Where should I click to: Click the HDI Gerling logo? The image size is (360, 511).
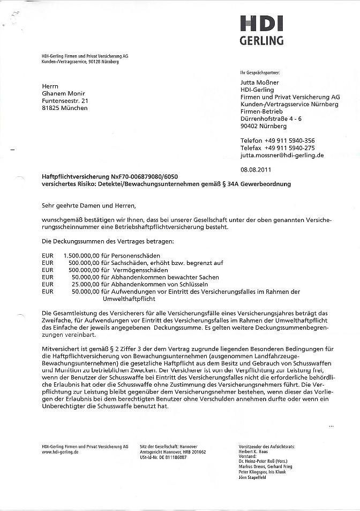261,30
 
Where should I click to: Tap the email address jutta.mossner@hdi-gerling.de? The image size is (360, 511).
282,155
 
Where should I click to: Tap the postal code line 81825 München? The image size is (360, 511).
65,108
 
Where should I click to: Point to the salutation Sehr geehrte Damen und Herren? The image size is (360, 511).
89,205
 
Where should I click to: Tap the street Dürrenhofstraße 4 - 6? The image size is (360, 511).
271,119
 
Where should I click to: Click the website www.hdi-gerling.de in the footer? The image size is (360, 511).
60,452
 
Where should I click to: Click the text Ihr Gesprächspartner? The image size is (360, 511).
260,71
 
